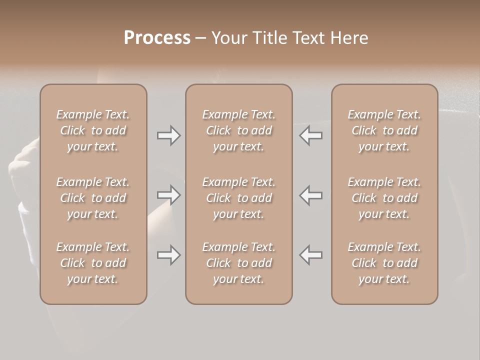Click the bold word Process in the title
[x=157, y=37]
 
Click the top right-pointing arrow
[x=168, y=135]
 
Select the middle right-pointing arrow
[x=168, y=195]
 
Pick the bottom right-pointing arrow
[x=168, y=255]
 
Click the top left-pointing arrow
[x=310, y=135]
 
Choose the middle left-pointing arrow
[x=310, y=195]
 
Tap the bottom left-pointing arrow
[x=310, y=255]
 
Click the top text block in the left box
[x=93, y=130]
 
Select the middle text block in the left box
[x=93, y=198]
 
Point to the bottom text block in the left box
[x=93, y=263]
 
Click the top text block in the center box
[x=238, y=130]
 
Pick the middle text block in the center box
[x=238, y=198]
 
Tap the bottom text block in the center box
[x=238, y=263]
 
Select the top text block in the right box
[x=384, y=130]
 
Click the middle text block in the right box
[x=384, y=198]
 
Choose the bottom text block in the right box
[x=384, y=263]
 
